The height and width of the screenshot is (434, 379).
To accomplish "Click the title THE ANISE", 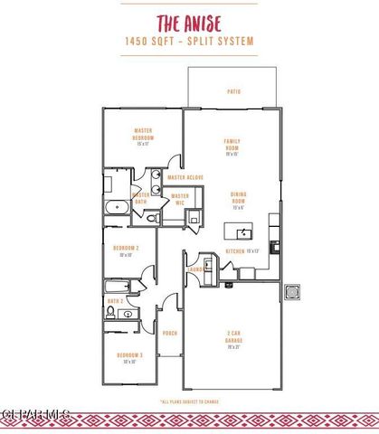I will pyautogui.click(x=189, y=23).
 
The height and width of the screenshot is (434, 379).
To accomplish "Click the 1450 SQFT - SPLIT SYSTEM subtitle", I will pyautogui.click(x=189, y=42).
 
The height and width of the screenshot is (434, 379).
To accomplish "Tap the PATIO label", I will pyautogui.click(x=233, y=91).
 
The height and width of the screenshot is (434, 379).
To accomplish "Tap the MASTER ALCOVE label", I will pyautogui.click(x=185, y=177).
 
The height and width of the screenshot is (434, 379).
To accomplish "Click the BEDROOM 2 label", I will pyautogui.click(x=125, y=249).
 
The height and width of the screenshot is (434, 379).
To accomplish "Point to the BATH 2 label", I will pyautogui.click(x=115, y=300).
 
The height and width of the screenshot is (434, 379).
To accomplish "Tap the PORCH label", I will pyautogui.click(x=169, y=333).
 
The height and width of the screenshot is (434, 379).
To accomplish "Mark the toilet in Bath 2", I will pyautogui.click(x=110, y=314).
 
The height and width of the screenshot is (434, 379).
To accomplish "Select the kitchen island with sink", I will pyautogui.click(x=237, y=229).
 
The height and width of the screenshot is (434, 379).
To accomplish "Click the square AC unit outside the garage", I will pyautogui.click(x=292, y=293).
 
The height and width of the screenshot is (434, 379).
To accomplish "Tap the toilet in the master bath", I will pyautogui.click(x=153, y=218).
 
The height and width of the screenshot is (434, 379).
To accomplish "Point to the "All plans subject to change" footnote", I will pyautogui.click(x=189, y=401).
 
